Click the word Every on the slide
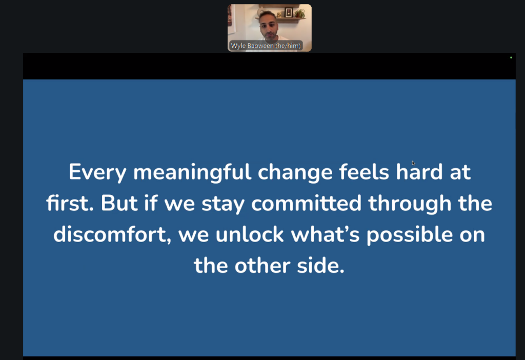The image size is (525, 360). pos(97,173)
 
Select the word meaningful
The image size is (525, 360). pos(192,173)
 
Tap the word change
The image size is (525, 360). pos(295,173)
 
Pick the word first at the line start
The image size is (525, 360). pos(70,203)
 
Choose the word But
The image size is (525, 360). pos(119,203)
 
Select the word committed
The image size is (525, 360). pos(307,203)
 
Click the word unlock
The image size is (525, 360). pos(250,234)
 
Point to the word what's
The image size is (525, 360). pos(325,234)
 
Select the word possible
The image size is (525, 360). pos(410,235)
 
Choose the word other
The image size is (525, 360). pos(262,265)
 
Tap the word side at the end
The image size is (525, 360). pos(320,265)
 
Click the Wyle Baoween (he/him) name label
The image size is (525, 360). pos(266,46)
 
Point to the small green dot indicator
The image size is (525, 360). pos(511,57)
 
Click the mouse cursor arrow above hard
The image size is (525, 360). pos(413,163)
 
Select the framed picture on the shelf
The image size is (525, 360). pos(289,13)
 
